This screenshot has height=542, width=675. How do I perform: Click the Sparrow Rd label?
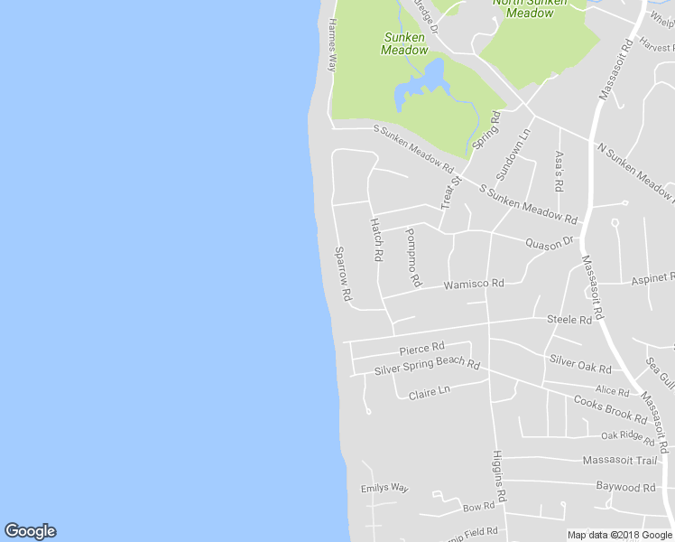pos(343,274)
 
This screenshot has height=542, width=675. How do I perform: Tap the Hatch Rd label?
pos(376,239)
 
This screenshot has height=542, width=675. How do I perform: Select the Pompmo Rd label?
pos(412,257)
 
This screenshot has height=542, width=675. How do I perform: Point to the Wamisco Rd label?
pos(473,285)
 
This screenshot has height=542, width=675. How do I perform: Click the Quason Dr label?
pos(550,242)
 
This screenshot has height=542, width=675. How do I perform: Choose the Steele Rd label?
pos(569,320)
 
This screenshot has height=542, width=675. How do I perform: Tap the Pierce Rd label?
pos(421,348)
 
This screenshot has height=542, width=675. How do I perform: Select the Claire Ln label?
pos(429,393)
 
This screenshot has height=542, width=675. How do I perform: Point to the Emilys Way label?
pos(384,489)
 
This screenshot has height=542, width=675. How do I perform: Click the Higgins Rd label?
pos(498,476)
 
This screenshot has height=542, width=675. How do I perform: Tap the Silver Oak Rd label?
pos(580,364)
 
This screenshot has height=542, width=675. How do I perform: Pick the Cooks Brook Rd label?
pos(610,410)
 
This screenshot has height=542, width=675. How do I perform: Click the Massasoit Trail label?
pos(619,461)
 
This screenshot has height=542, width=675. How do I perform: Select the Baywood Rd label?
pos(625,487)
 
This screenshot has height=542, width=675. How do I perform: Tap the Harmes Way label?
pos(332,45)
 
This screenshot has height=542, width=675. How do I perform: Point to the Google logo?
pos(30,531)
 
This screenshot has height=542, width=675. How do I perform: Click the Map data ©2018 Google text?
pos(619,535)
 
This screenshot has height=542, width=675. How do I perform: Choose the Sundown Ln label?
pos(513,154)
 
